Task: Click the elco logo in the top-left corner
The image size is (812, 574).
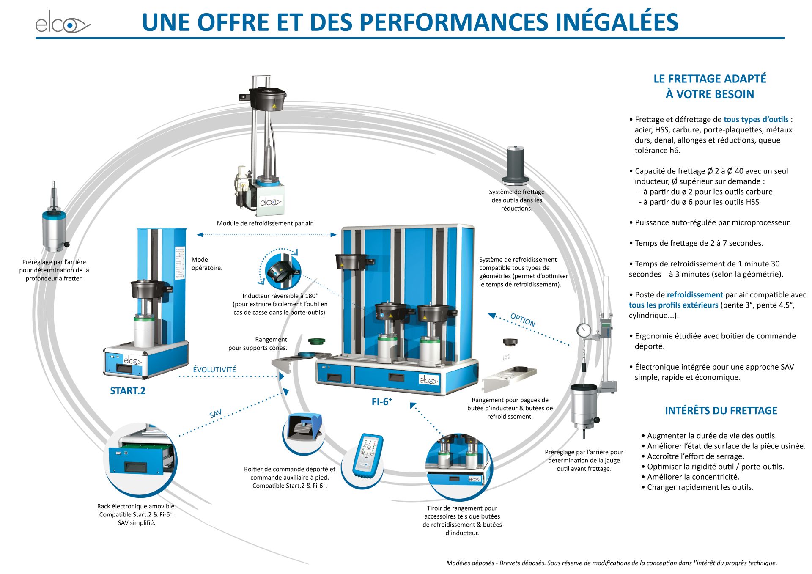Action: [63, 24]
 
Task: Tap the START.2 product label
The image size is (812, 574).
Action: [127, 391]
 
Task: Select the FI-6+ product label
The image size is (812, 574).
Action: [381, 402]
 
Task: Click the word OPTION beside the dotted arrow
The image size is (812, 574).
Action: [523, 320]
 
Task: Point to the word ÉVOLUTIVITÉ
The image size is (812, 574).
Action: [214, 370]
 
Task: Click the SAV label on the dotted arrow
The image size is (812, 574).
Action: [216, 414]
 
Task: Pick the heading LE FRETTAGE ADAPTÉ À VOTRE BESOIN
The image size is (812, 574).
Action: [710, 86]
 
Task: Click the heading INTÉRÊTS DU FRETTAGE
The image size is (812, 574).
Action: [721, 411]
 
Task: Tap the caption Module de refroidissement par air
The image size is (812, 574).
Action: [265, 223]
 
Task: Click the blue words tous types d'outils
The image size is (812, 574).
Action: [756, 120]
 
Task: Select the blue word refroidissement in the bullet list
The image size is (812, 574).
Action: [694, 295]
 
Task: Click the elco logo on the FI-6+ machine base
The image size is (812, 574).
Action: [428, 380]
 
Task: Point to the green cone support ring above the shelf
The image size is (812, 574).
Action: [316, 341]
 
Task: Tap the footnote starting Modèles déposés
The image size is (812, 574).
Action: [612, 563]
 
